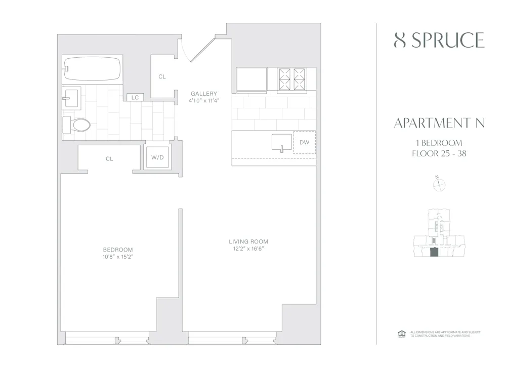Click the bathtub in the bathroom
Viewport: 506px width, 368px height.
click(x=92, y=68)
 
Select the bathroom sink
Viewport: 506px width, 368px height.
click(x=70, y=97)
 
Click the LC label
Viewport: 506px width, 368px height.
click(x=135, y=97)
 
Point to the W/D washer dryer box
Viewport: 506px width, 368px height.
click(x=157, y=157)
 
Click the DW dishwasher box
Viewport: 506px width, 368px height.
click(x=304, y=143)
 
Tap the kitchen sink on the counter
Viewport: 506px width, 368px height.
click(x=280, y=142)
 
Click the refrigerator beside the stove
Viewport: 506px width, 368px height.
click(x=252, y=79)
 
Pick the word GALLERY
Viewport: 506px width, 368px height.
click(x=204, y=94)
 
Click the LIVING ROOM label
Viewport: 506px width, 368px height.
click(x=248, y=241)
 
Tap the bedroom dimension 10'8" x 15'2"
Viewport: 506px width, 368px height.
click(x=118, y=257)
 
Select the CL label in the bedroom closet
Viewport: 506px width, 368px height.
click(x=109, y=159)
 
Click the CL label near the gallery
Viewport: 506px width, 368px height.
click(x=162, y=77)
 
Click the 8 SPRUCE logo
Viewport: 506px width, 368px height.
click(x=439, y=40)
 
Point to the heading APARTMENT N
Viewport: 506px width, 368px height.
click(x=439, y=124)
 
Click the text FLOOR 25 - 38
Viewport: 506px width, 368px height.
click(x=439, y=153)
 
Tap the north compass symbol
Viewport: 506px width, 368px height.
click(x=439, y=185)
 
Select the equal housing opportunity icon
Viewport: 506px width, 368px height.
click(x=402, y=334)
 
